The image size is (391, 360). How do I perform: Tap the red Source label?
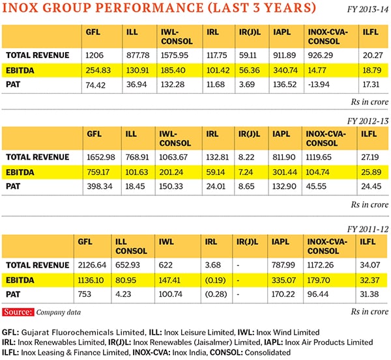(18, 312)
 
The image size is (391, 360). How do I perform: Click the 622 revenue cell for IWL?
(167, 265)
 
